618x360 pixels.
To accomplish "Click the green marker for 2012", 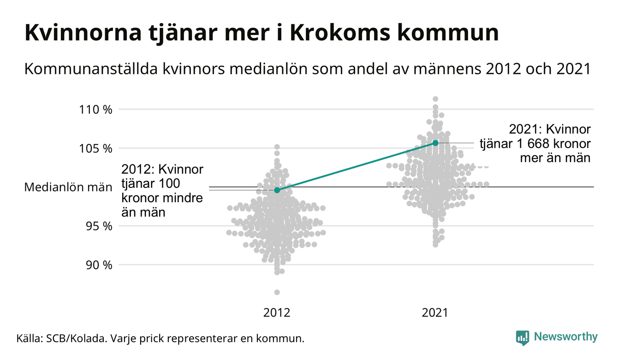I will click(x=277, y=190).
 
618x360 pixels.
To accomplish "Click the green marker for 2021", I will click(x=435, y=143).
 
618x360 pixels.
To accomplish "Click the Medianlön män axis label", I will click(x=68, y=187).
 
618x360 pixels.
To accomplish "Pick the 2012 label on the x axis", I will click(x=277, y=313).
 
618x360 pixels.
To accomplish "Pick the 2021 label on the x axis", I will click(x=435, y=313).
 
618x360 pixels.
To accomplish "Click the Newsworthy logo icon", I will click(x=523, y=337).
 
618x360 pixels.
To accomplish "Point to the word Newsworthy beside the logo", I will click(x=565, y=337).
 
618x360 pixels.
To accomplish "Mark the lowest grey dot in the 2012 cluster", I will click(x=277, y=292).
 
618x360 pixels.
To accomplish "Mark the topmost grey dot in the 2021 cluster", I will click(x=435, y=99).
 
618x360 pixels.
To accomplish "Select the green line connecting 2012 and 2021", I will click(x=356, y=167).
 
